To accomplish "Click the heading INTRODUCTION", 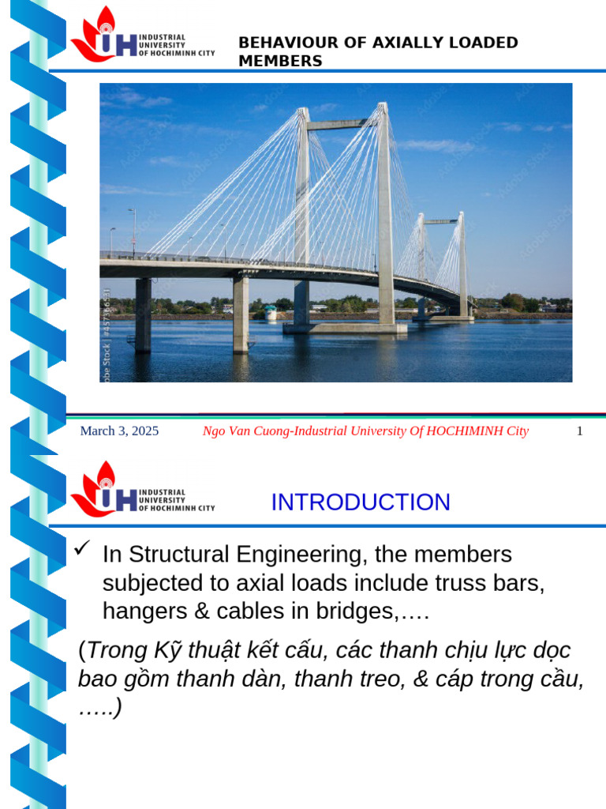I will (361, 502).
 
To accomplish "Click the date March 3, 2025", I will (119, 431).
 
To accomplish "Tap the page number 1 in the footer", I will (579, 431).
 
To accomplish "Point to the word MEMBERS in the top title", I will (280, 61).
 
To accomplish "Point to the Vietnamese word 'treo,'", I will (381, 679).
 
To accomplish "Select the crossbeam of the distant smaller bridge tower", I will (441, 222).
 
